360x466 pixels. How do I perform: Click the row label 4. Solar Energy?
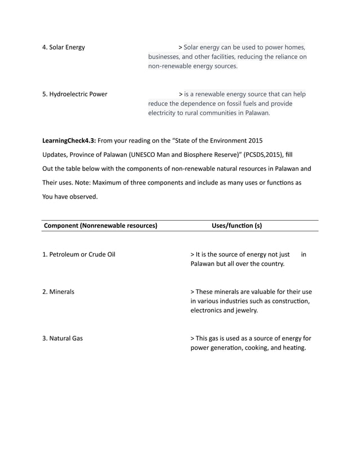(64, 47)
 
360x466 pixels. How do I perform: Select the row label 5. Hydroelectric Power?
(75, 94)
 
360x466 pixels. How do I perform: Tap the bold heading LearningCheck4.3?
(69, 139)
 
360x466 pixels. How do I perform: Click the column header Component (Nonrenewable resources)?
(100, 226)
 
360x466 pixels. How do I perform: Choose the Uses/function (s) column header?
(236, 226)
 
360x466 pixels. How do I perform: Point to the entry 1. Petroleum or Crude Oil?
(79, 254)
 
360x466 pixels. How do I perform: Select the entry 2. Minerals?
(59, 292)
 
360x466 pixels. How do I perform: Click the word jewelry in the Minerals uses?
(246, 310)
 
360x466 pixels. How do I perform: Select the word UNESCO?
(144, 154)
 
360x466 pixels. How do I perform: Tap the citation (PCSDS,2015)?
(264, 154)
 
